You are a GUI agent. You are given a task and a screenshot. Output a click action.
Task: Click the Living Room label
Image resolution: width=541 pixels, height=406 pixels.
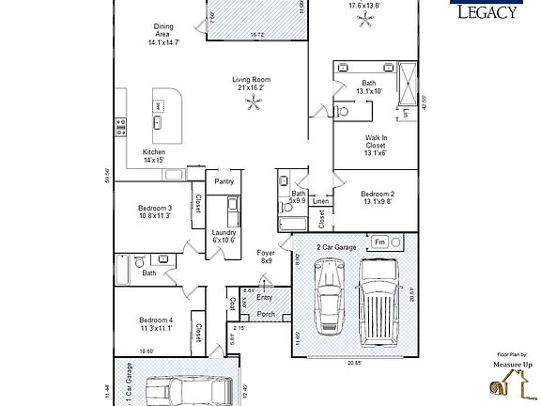click(252, 84)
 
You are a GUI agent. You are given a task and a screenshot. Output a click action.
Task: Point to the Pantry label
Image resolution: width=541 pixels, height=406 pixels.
click(224, 181)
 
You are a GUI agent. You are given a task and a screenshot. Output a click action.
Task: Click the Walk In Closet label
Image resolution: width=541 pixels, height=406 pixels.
click(376, 147)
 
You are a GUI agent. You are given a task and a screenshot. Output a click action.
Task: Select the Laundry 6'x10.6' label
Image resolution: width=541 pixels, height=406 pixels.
click(224, 235)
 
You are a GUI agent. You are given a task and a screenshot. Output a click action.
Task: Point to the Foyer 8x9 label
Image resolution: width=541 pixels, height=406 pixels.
click(266, 257)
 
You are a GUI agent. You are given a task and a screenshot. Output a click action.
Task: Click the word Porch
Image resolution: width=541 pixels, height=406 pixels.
click(266, 314)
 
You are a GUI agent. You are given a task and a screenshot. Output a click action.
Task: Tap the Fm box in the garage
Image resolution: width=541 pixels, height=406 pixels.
click(379, 242)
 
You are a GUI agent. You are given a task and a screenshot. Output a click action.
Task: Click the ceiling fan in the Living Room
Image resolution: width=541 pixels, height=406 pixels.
click(251, 105)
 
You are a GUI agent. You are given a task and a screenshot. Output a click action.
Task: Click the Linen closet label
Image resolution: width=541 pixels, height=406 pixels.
click(320, 201)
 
